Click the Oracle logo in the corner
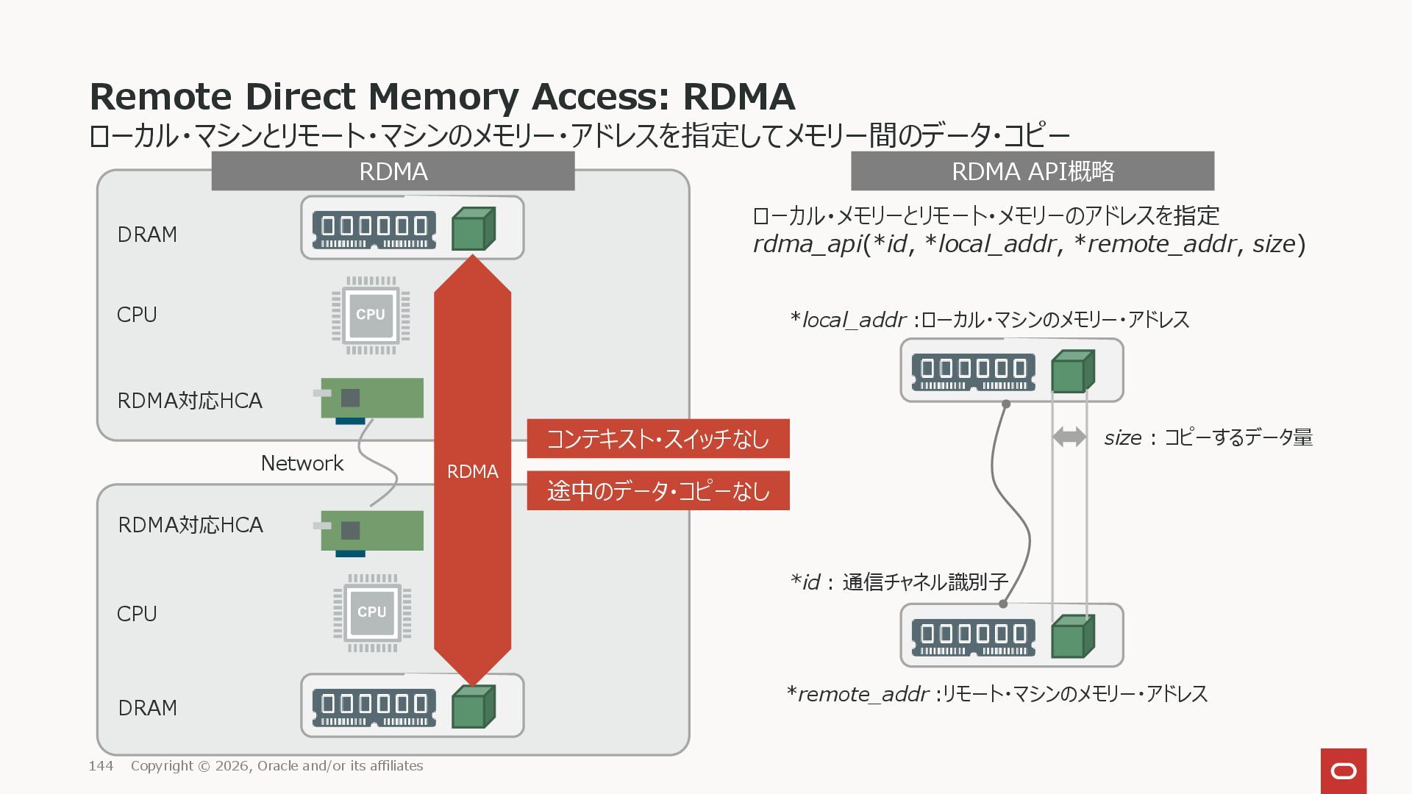[x=1343, y=771]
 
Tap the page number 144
[x=101, y=766]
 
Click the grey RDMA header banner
[x=393, y=171]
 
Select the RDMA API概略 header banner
[x=1032, y=171]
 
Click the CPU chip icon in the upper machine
[x=371, y=315]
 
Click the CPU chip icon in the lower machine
[x=372, y=612]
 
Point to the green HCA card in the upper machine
[x=372, y=398]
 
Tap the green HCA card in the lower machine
[x=372, y=531]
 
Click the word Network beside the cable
[x=302, y=463]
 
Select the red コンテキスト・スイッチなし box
[x=657, y=439]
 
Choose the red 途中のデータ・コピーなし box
[x=657, y=490]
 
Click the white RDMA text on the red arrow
[x=472, y=471]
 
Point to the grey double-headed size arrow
[x=1069, y=437]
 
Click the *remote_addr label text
[x=857, y=694]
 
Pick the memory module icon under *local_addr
[x=973, y=371]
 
